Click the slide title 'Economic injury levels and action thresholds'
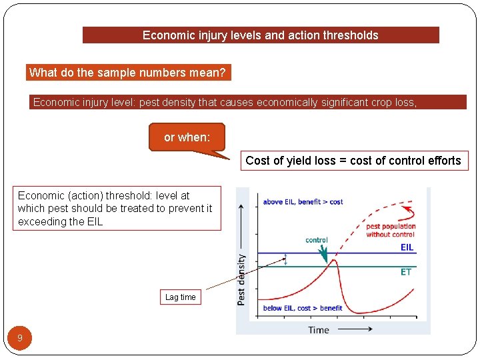[261, 35]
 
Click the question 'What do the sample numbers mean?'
[128, 73]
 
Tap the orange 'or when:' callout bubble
[187, 137]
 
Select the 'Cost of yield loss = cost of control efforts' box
[353, 161]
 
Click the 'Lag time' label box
[181, 297]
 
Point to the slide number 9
[20, 338]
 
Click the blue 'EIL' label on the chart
[407, 247]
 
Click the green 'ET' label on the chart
[406, 272]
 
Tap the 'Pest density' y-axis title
[241, 280]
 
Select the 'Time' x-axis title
[319, 329]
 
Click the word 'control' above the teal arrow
[317, 240]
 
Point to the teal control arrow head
[325, 258]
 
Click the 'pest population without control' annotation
[391, 230]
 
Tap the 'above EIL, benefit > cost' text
[303, 201]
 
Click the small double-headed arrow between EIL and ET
[286, 260]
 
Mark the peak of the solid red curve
[335, 261]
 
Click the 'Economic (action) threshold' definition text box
[116, 209]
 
